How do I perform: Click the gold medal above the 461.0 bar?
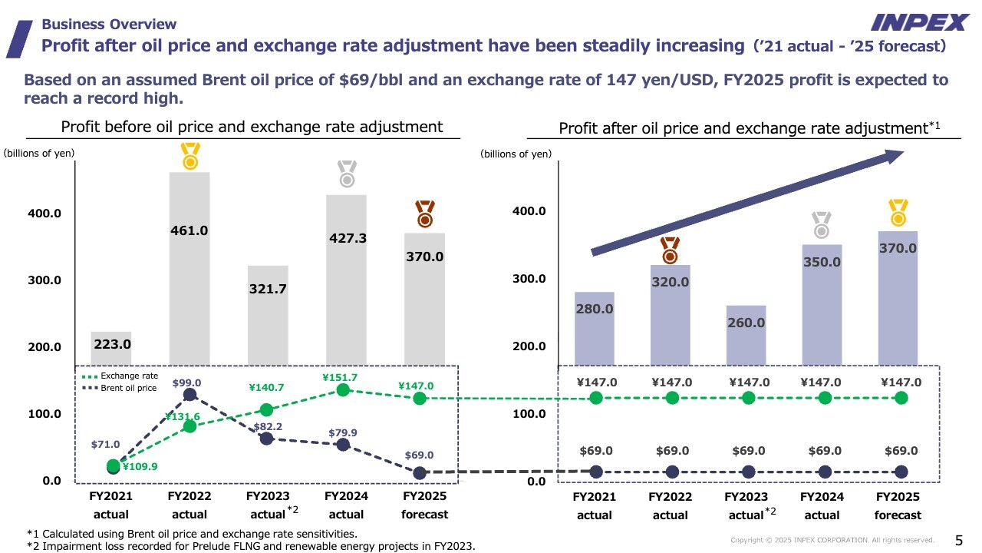pos(189,156)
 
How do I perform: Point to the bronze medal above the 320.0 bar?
pos(670,250)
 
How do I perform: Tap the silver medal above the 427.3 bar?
pos(347,174)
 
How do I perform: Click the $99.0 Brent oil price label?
pos(186,382)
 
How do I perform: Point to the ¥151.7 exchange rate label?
pos(340,378)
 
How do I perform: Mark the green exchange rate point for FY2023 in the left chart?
pos(266,410)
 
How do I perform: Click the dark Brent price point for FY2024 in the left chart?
pos(343,445)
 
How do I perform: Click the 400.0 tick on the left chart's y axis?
pos(44,213)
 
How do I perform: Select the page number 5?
pos(958,539)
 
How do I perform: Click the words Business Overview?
pos(109,25)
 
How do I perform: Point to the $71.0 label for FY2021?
pos(105,444)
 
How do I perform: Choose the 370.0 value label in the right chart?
pos(898,249)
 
